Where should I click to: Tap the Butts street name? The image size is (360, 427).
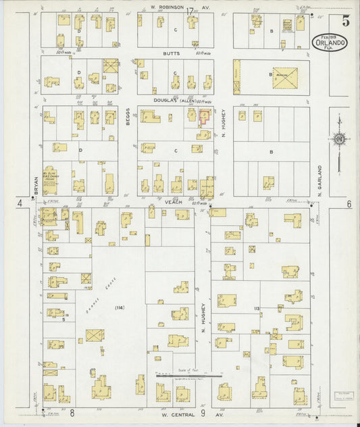pyautogui.click(x=171, y=53)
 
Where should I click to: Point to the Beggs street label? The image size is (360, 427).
pyautogui.click(x=128, y=122)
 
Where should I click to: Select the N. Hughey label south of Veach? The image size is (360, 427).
pyautogui.click(x=202, y=318)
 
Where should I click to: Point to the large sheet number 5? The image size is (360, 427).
pyautogui.click(x=345, y=20)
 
